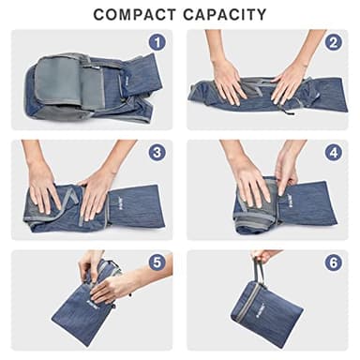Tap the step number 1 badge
tap(157, 42)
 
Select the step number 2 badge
tap(333, 42)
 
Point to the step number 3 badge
tap(157, 152)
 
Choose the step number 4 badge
tap(333, 152)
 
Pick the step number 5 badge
tap(157, 262)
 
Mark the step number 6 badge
tap(333, 262)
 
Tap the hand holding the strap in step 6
tap(264, 255)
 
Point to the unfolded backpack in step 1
tap(89, 89)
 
